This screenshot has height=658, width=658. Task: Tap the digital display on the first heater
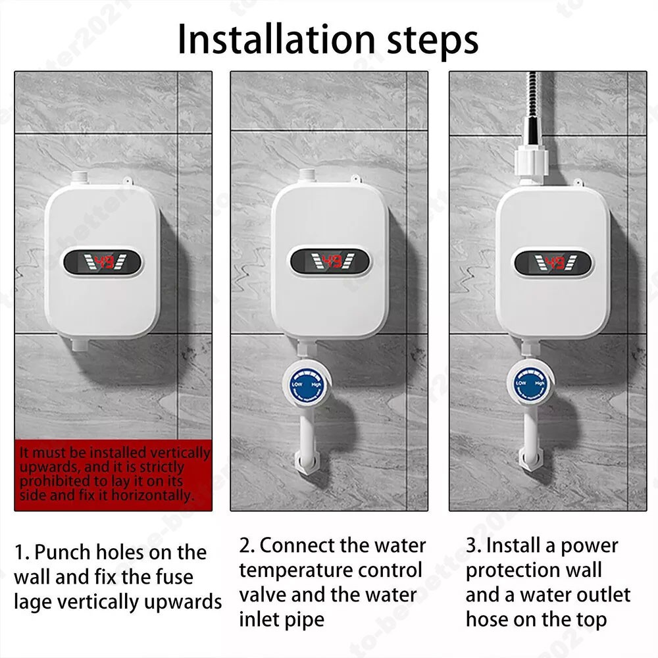tap(103, 263)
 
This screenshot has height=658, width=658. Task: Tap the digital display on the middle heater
tap(329, 262)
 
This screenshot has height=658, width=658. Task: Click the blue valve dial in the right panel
tap(530, 384)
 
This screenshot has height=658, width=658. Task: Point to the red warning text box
tap(113, 474)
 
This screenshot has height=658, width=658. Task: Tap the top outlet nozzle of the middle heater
tap(307, 177)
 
